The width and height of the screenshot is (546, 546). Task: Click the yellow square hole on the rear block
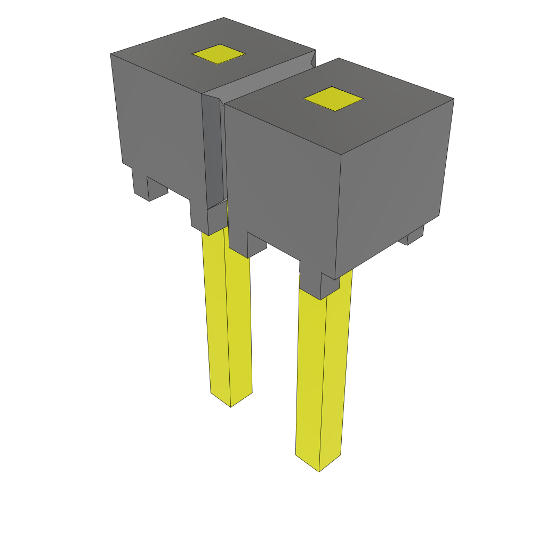pos(218,54)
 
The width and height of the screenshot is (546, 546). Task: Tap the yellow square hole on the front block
pos(333,99)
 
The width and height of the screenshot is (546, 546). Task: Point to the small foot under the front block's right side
pos(415,235)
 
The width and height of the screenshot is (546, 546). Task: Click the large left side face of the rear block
pos(157,117)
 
